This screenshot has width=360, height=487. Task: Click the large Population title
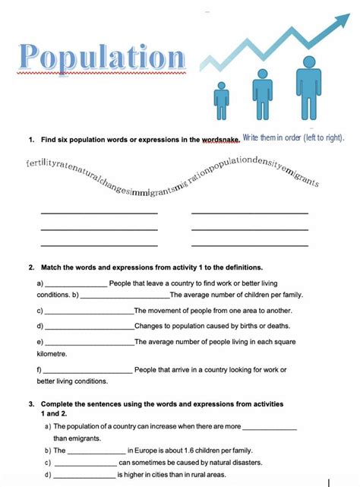click(102, 58)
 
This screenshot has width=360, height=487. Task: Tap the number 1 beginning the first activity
click(31, 140)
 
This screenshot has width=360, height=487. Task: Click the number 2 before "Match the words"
click(31, 267)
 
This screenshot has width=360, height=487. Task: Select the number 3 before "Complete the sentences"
click(31, 403)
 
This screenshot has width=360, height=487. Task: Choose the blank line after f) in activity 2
click(89, 371)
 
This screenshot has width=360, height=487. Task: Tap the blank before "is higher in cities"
click(85, 476)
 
